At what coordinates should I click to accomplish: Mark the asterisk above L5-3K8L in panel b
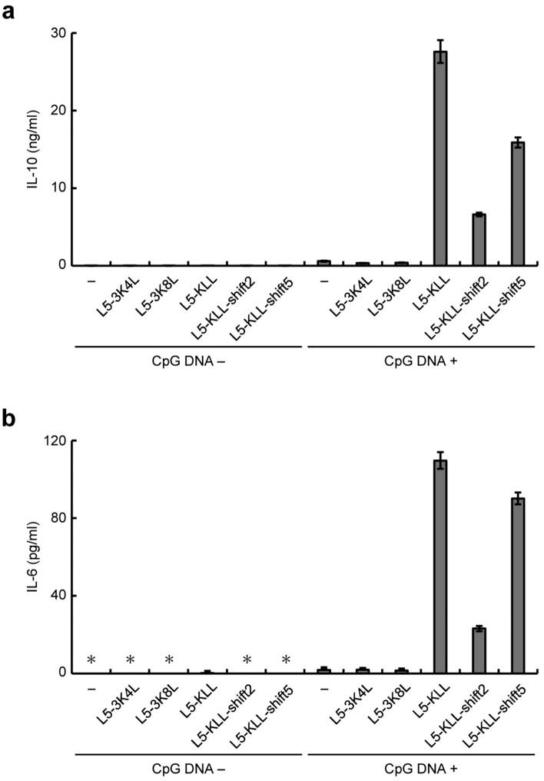[170, 660]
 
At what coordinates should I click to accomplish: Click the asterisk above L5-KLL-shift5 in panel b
[286, 660]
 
